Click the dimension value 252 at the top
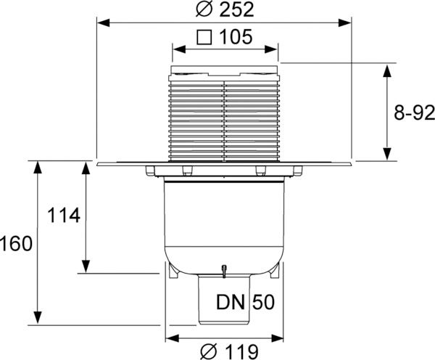[236, 9]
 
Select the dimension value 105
[236, 37]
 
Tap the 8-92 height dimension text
[414, 112]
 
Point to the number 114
[64, 216]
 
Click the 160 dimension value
[16, 244]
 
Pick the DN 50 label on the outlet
[245, 302]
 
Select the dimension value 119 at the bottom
[241, 352]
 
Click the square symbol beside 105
[204, 37]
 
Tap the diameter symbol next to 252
[204, 9]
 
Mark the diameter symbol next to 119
[209, 352]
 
